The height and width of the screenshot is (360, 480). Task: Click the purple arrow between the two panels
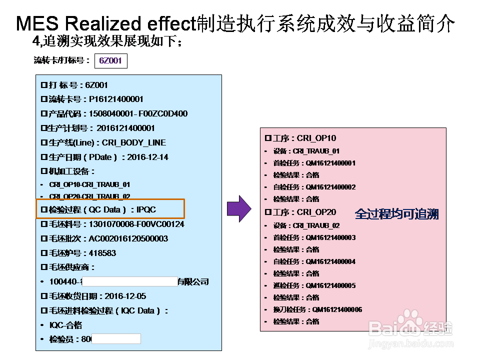coord(238,209)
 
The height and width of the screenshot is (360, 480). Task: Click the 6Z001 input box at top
coord(110,61)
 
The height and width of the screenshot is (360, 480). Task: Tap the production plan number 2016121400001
coord(125,128)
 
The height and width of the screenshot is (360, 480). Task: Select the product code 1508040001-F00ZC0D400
coord(138,113)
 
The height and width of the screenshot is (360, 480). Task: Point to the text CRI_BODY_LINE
coord(134,142)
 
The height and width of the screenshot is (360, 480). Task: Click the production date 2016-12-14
coord(147,157)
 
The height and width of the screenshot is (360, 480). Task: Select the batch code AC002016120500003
coord(128,238)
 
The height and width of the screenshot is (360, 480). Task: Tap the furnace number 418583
coord(102,253)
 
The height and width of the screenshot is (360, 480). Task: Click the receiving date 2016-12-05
coord(125,296)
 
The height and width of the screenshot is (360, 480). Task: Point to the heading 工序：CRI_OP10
coord(301,138)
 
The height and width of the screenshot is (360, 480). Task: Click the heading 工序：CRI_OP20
coord(301,212)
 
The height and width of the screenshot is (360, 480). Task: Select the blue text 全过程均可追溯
coord(396,214)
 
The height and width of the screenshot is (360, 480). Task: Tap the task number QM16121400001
coord(330,163)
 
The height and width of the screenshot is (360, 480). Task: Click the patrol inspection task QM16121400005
coord(330,285)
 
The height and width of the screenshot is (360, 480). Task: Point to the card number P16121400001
coord(116,99)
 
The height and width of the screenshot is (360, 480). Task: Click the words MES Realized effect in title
coord(105,23)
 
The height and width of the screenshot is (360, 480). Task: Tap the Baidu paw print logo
coord(412,319)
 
